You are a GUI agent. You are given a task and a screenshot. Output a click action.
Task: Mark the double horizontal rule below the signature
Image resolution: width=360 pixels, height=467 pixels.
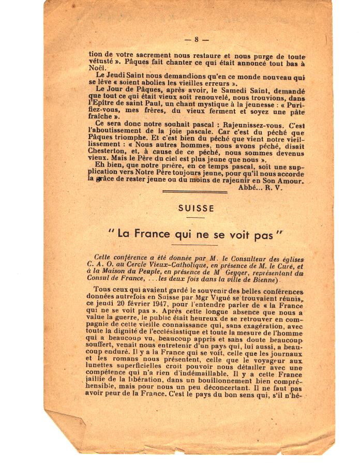click(195, 192)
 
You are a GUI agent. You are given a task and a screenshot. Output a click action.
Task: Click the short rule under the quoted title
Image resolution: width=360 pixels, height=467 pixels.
click(195, 244)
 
